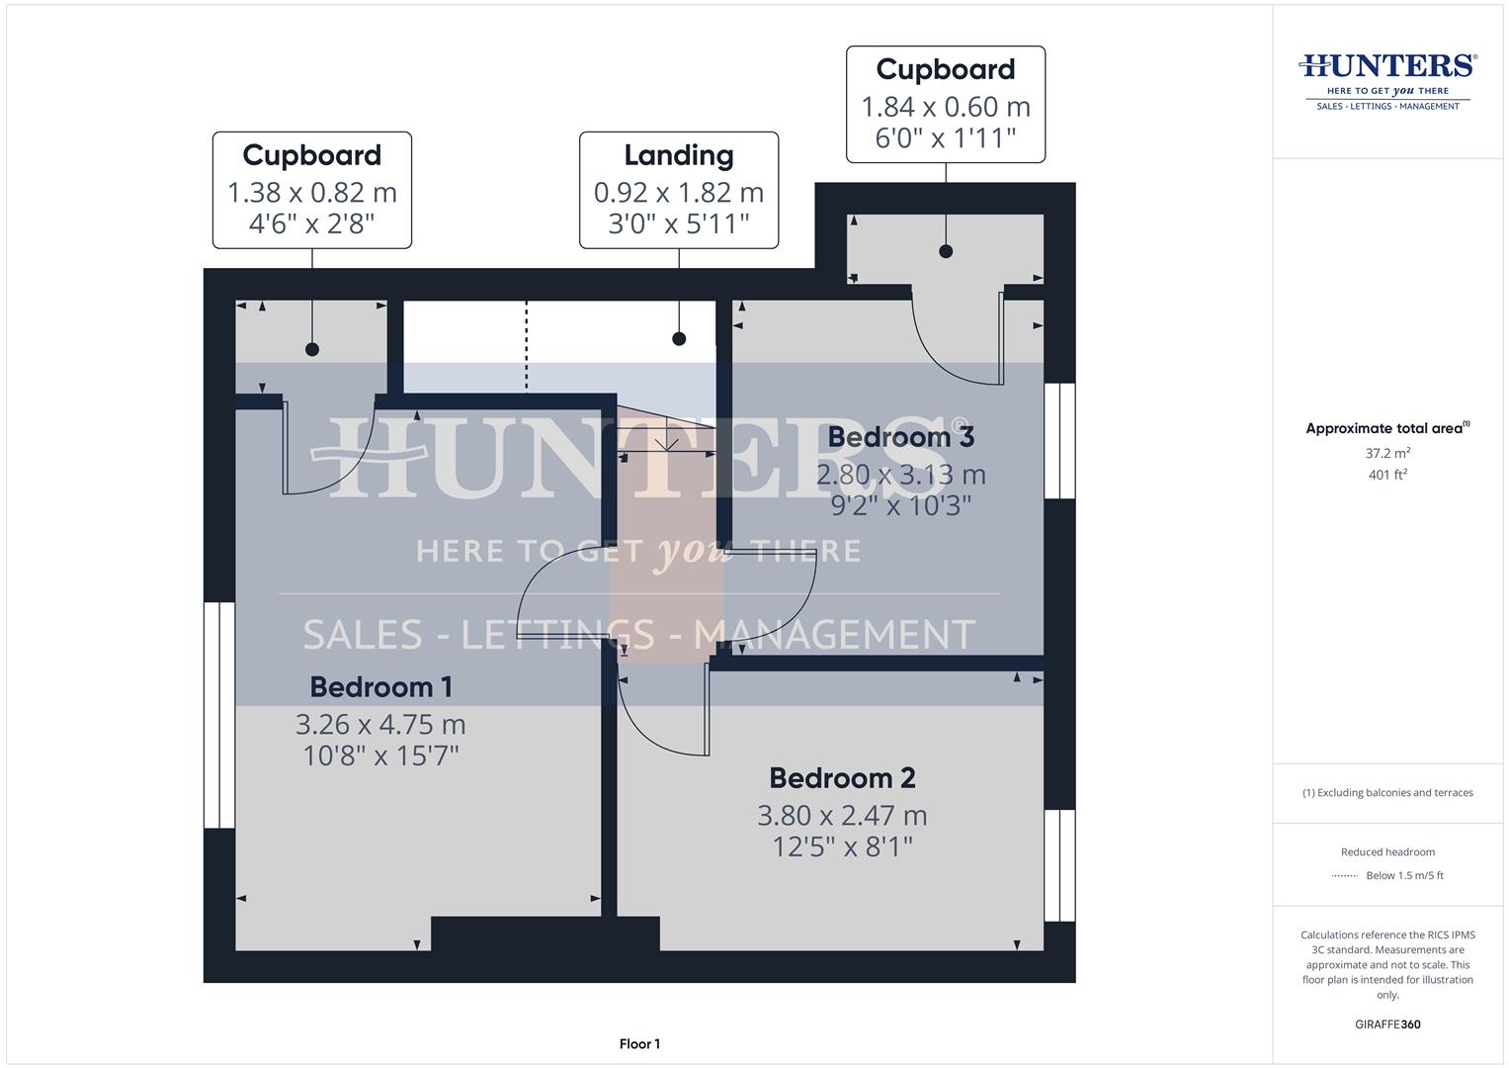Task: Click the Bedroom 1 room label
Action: (x=380, y=687)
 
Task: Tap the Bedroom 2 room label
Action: (x=842, y=778)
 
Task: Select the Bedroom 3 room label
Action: (x=900, y=436)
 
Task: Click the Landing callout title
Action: (x=678, y=155)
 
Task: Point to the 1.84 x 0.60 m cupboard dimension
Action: (x=946, y=106)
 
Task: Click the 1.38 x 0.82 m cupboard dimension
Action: (x=312, y=192)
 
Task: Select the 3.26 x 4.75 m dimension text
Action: (x=380, y=724)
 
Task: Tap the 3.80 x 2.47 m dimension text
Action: (x=842, y=816)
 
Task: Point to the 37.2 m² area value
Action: (x=1387, y=454)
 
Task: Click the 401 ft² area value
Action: (x=1387, y=475)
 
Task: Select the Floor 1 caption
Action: (x=639, y=1044)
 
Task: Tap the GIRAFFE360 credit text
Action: (x=1387, y=1024)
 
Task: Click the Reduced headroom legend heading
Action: (x=1387, y=852)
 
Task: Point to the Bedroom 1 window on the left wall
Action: (x=218, y=714)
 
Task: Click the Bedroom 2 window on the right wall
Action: (x=1059, y=865)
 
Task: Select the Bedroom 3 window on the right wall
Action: (x=1059, y=440)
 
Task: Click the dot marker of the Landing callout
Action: (x=679, y=339)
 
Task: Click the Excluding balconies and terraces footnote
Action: (x=1387, y=793)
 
